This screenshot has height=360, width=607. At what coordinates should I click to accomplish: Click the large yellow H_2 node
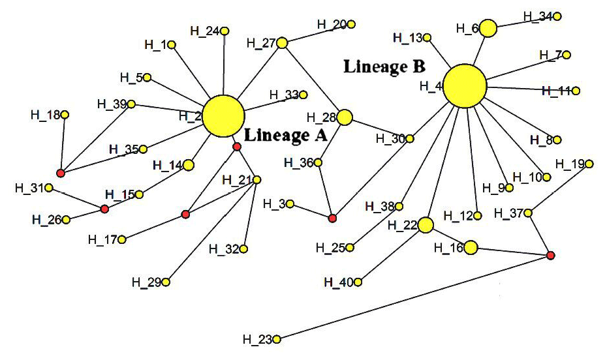tap(224, 116)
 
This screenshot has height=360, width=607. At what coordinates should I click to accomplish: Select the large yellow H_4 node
tap(465, 86)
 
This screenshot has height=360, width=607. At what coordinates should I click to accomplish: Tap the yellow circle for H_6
tap(488, 28)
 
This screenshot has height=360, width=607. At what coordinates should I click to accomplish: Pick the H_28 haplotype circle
tap(345, 117)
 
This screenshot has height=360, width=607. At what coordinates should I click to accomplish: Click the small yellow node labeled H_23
tap(276, 339)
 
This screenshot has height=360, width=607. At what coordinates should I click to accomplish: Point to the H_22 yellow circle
tap(426, 225)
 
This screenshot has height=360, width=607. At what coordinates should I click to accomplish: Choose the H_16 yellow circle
tap(471, 247)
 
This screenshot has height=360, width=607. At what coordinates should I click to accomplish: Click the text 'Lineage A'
tap(286, 136)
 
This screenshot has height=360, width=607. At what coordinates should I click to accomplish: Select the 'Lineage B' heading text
tap(384, 67)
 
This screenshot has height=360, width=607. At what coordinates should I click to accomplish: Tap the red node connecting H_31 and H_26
tap(104, 209)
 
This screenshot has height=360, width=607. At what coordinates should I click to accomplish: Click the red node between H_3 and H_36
tap(332, 218)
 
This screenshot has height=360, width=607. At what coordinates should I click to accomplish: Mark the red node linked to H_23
tap(550, 255)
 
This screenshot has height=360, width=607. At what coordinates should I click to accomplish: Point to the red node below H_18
tap(61, 173)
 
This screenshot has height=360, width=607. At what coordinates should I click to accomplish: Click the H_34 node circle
tap(557, 16)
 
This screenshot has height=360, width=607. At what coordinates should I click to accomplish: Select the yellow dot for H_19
tap(589, 164)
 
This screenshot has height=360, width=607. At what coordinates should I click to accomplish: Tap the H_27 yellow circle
tap(282, 43)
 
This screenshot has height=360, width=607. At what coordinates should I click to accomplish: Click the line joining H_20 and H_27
tap(317, 33)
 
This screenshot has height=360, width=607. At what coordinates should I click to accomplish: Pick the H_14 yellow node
tap(189, 165)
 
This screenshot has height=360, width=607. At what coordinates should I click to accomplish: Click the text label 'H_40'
tap(339, 282)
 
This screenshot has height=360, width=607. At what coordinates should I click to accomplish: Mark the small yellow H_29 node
tap(166, 282)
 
